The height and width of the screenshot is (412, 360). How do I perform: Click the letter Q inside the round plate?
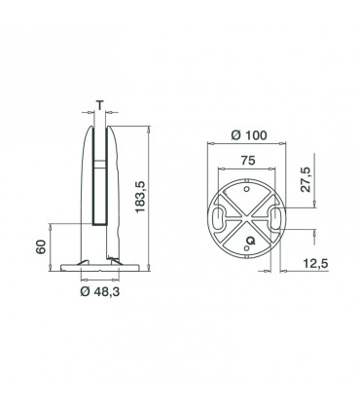point(251,240)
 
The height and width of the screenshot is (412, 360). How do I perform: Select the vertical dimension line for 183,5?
point(149,195)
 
